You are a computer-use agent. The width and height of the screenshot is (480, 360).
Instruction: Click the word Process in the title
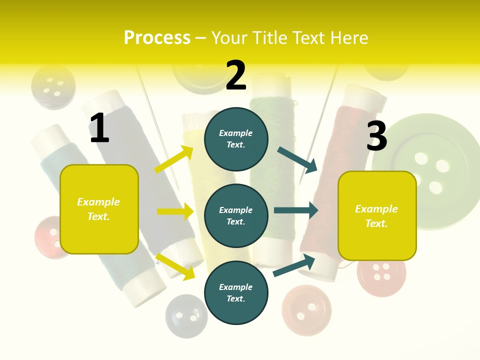[157, 38]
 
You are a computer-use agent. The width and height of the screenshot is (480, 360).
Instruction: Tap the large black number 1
[99, 128]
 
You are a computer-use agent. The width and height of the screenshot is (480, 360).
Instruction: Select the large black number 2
[236, 75]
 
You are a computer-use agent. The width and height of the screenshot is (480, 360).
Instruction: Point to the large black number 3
[377, 136]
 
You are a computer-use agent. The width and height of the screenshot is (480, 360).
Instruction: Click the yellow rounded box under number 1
[99, 209]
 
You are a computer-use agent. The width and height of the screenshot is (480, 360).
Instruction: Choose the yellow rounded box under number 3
[377, 216]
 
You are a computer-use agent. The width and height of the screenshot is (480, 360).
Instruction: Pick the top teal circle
[236, 139]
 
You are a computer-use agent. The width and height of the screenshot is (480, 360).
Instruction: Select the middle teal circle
[236, 215]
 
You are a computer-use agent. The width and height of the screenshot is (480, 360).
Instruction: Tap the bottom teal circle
[236, 292]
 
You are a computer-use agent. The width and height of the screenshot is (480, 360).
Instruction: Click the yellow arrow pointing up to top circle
[174, 159]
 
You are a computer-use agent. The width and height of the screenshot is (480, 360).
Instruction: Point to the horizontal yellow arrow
[175, 211]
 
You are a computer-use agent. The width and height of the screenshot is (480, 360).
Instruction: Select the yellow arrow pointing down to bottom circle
[175, 266]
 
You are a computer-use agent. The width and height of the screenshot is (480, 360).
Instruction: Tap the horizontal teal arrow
[296, 210]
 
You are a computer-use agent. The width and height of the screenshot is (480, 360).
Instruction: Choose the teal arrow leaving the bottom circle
[294, 265]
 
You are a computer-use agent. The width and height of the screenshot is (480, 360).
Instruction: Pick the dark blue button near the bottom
[186, 315]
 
